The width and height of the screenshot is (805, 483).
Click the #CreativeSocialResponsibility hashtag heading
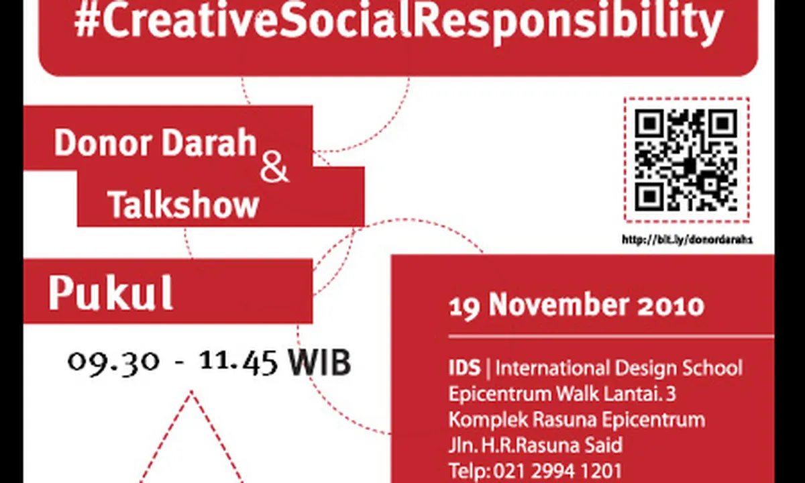click(x=399, y=22)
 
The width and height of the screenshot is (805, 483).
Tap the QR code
click(x=686, y=160)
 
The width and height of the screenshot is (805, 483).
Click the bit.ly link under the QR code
click(x=687, y=239)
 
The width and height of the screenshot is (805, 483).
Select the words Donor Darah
click(x=155, y=143)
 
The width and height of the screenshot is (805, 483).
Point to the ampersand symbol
click(x=274, y=170)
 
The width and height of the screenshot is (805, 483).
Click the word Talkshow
click(x=184, y=204)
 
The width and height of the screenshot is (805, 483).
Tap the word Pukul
click(x=111, y=293)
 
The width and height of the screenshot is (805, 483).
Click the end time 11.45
click(x=239, y=362)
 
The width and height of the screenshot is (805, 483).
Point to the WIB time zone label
click(x=320, y=362)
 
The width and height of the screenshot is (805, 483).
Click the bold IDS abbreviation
click(x=465, y=368)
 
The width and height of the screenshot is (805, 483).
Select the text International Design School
click(x=619, y=368)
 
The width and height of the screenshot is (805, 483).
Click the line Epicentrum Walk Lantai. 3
click(x=562, y=394)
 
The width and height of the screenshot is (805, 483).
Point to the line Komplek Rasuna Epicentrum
click(x=577, y=420)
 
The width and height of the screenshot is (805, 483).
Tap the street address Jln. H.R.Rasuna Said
click(x=535, y=445)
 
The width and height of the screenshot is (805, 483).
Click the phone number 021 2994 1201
click(x=557, y=471)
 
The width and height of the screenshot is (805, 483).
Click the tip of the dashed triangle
click(x=191, y=392)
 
